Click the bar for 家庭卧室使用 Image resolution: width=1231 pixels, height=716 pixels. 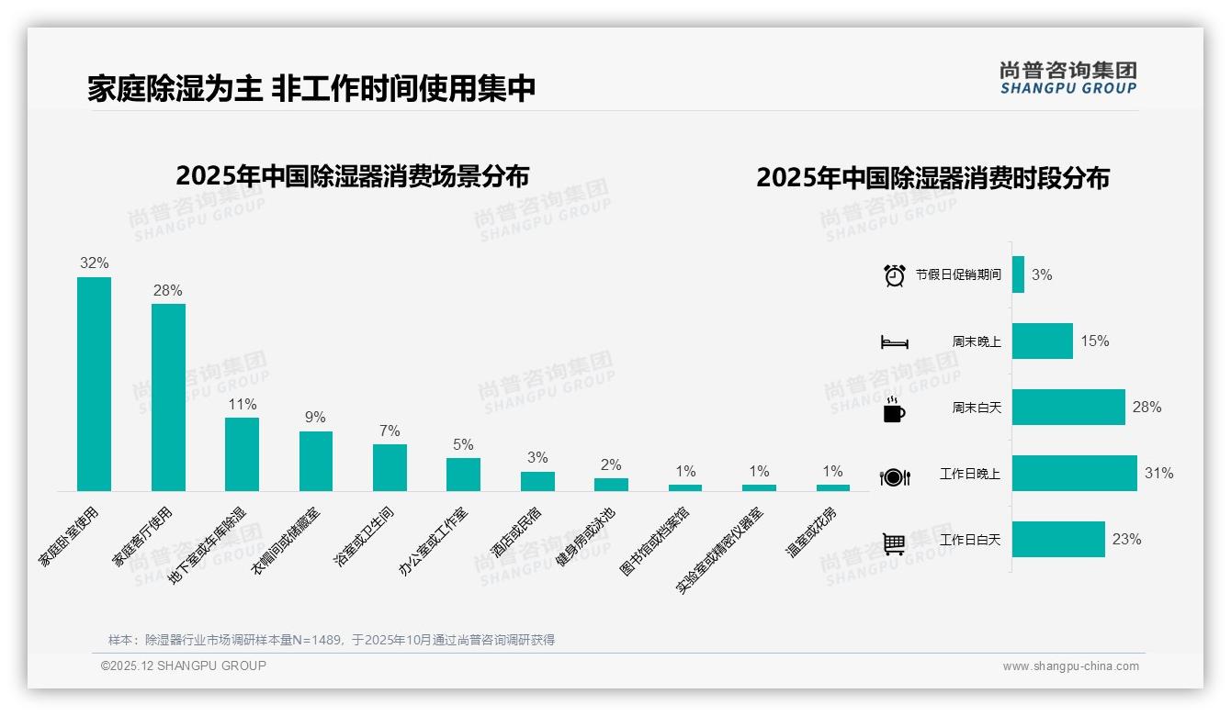(x=94, y=384)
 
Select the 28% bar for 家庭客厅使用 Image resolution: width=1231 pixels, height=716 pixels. (x=168, y=397)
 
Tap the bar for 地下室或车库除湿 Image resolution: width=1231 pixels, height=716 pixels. (x=242, y=454)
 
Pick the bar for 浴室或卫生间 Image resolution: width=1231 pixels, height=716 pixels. (x=390, y=467)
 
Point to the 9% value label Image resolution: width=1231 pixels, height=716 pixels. (x=315, y=418)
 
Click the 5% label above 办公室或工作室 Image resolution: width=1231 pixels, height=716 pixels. (x=463, y=444)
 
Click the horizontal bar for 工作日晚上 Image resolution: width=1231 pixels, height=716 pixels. (x=1074, y=474)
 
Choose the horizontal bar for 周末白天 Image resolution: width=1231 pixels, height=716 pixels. (x=1068, y=407)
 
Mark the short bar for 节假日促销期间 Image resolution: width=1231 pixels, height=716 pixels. (x=1018, y=274)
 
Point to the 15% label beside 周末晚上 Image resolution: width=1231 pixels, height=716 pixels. (x=1094, y=341)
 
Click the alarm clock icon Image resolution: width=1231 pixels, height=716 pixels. (x=894, y=274)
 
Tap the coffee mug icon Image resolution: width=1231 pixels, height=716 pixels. (x=893, y=408)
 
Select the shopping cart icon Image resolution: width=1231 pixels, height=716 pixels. (x=894, y=543)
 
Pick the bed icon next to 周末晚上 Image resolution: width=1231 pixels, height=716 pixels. (x=894, y=342)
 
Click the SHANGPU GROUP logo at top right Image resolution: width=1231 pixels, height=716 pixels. (x=1067, y=78)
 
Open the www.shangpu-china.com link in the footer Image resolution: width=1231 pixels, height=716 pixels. (x=1070, y=666)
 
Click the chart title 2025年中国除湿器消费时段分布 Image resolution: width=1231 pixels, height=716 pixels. (x=932, y=177)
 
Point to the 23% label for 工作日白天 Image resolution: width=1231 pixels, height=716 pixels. (x=1126, y=540)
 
